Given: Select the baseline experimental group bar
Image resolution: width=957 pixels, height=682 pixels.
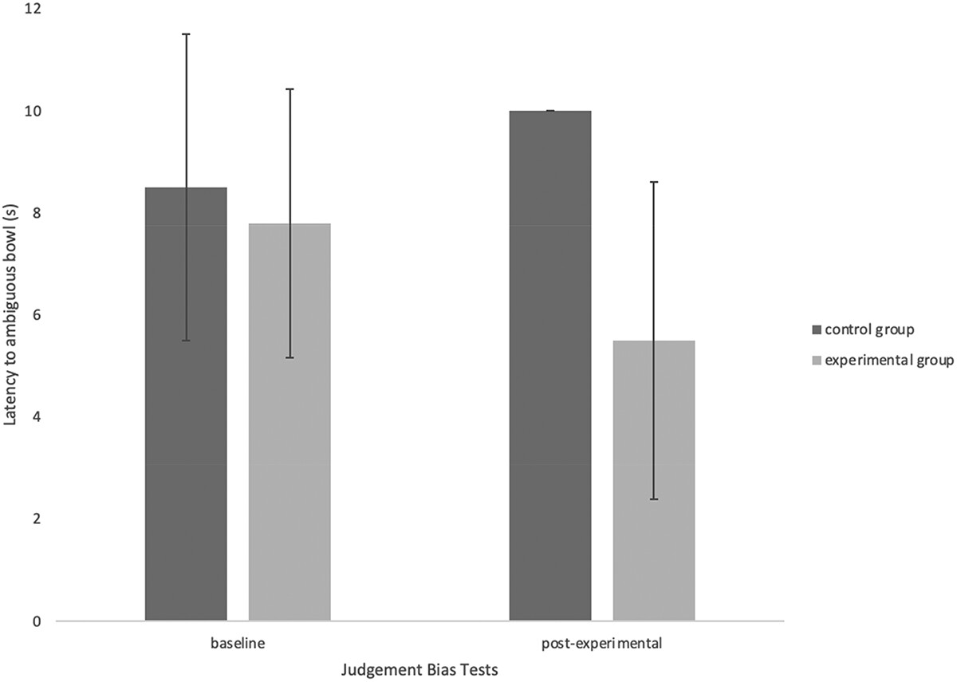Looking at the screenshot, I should pyautogui.click(x=289, y=422).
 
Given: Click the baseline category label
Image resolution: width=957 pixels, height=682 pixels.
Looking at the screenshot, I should pyautogui.click(x=238, y=643).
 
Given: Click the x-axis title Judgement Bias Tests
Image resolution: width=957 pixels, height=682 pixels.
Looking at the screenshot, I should pyautogui.click(x=419, y=670).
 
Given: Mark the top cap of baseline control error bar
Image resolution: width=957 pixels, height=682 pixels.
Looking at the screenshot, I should pyautogui.click(x=186, y=34).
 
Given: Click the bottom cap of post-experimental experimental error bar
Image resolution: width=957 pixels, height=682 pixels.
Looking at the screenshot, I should pyautogui.click(x=654, y=499).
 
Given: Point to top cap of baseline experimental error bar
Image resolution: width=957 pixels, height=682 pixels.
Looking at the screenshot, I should pyautogui.click(x=289, y=89).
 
